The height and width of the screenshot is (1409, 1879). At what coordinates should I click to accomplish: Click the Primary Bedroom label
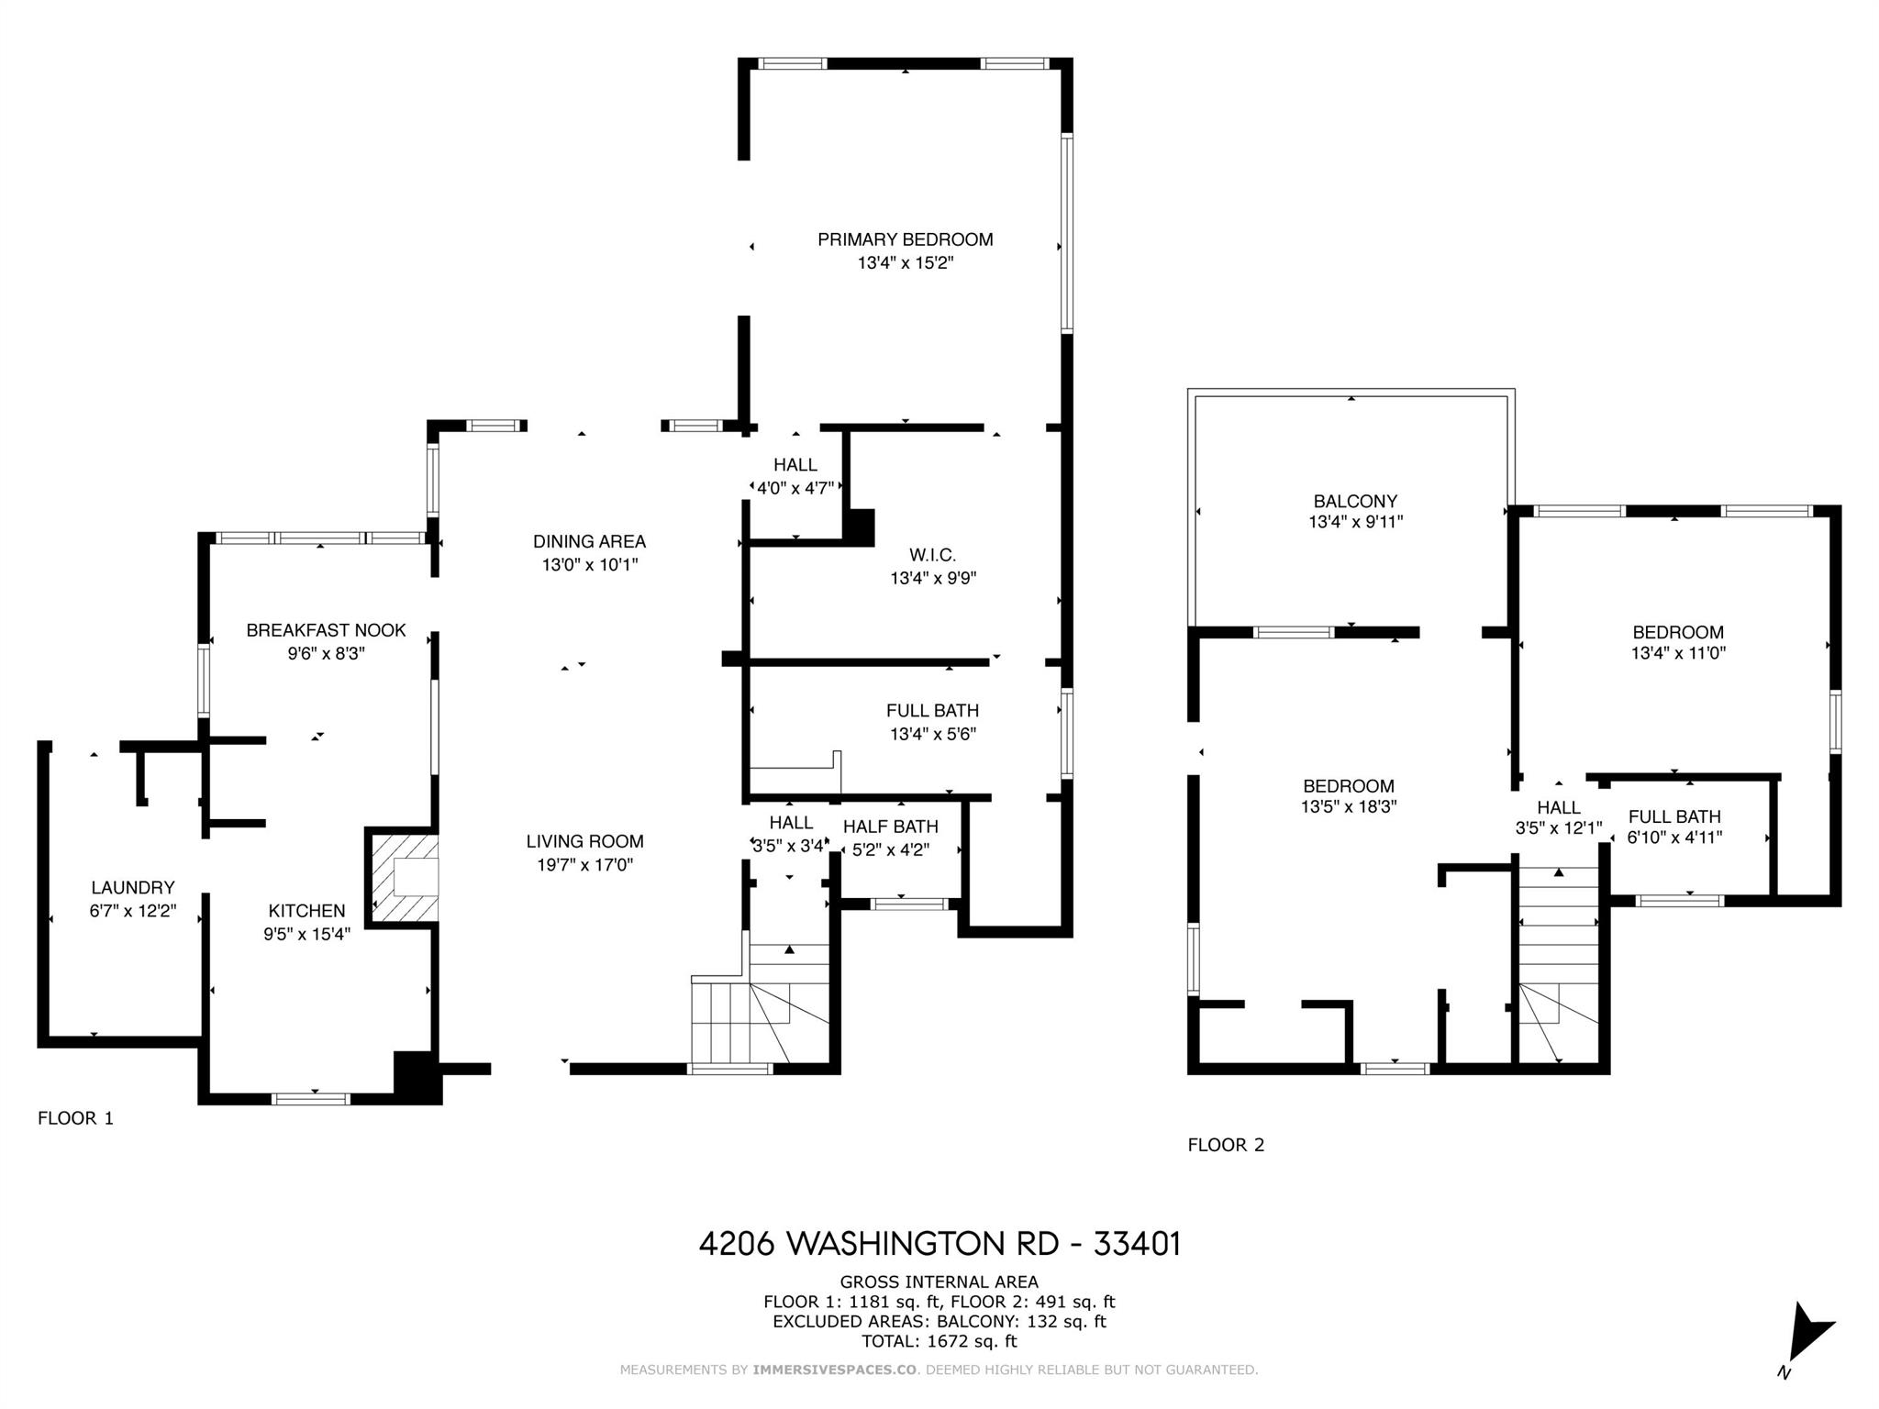point(905,239)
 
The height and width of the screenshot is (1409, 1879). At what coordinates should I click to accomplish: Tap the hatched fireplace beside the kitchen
point(402,877)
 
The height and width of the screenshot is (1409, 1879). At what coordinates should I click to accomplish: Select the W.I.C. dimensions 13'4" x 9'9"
point(933,579)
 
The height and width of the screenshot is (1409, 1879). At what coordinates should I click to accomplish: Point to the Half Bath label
point(890,827)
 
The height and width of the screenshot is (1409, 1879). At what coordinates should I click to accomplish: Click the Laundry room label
point(133,888)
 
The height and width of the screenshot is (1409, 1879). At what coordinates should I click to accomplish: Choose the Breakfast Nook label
point(326,630)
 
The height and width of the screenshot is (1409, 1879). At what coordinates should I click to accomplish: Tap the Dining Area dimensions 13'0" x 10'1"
point(589,565)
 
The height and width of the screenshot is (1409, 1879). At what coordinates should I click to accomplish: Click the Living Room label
point(584,841)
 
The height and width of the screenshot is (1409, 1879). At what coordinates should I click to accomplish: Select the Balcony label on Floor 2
point(1355,502)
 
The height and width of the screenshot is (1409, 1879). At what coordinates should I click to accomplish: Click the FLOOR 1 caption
point(75,1118)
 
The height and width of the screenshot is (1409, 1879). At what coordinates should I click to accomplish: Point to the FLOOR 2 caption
point(1226,1145)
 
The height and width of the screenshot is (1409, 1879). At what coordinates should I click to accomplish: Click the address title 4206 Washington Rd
point(939,1244)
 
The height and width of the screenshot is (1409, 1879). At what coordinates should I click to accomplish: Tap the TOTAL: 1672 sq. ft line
point(939,1341)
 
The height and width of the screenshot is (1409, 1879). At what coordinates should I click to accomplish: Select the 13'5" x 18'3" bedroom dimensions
point(1348,807)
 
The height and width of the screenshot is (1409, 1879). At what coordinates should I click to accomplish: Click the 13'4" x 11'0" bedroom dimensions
point(1678,653)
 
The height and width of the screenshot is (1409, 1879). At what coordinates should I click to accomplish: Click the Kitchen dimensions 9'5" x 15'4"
point(307,935)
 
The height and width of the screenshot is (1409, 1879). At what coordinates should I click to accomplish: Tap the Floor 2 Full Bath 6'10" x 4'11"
point(1674,837)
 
